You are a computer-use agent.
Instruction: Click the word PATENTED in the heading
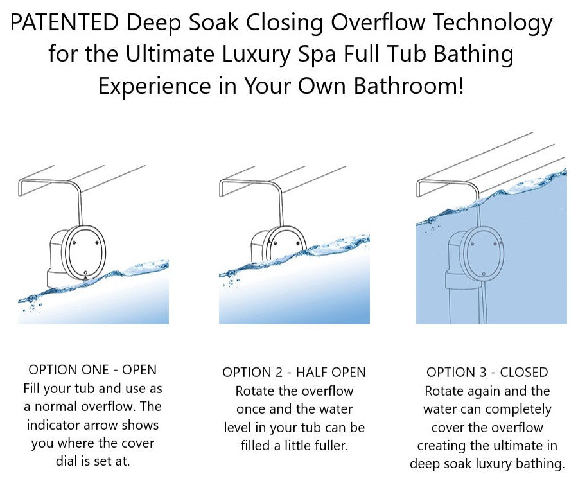point(64,22)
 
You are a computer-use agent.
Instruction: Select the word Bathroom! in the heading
point(408,86)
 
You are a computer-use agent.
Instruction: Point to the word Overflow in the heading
point(378,22)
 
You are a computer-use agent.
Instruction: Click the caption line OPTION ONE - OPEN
point(92,370)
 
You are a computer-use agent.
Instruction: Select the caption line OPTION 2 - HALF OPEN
point(294,373)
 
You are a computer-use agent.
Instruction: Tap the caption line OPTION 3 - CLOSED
point(487,373)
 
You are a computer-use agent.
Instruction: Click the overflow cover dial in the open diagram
point(83,253)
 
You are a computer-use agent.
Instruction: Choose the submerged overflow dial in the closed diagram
point(483,253)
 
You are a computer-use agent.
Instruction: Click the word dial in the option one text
point(66,461)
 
